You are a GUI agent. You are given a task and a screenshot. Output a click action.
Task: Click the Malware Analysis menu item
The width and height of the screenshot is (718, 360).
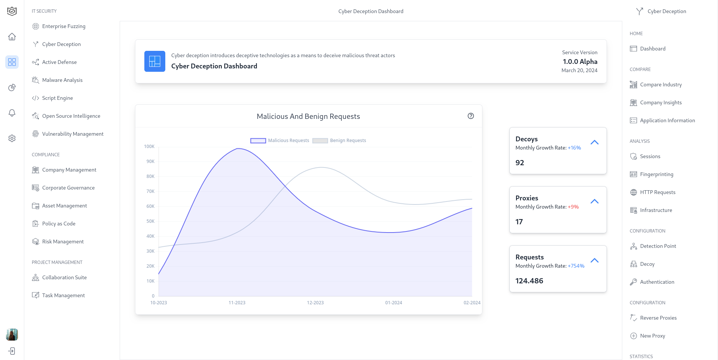(x=62, y=80)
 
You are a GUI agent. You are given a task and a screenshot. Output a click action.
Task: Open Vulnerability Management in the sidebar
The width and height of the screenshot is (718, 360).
(x=73, y=134)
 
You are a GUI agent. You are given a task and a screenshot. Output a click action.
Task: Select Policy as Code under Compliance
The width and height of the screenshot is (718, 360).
(x=59, y=224)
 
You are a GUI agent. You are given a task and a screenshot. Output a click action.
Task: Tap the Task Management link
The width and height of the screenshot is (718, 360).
(x=63, y=295)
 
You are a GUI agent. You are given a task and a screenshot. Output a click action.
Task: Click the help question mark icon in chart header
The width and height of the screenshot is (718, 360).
(x=471, y=116)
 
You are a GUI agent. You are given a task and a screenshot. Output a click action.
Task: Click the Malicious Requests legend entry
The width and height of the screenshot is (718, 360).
(x=280, y=141)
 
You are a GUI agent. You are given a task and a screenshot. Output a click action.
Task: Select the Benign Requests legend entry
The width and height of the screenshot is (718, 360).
(x=339, y=141)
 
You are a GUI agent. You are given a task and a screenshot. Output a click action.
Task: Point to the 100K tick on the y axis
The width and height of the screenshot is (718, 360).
(x=149, y=147)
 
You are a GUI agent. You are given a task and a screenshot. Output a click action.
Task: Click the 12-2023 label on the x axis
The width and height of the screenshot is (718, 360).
(x=315, y=303)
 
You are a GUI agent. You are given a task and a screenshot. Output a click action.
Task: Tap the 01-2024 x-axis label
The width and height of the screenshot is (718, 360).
(x=393, y=303)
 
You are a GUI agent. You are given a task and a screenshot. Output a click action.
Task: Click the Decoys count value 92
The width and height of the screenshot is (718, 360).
(x=520, y=163)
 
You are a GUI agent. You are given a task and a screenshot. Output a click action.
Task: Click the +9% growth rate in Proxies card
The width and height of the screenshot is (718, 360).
(x=573, y=207)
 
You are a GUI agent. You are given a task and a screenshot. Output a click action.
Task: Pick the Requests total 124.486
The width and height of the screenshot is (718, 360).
(x=529, y=281)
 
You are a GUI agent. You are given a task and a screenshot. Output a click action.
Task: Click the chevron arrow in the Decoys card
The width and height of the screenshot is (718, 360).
(x=595, y=142)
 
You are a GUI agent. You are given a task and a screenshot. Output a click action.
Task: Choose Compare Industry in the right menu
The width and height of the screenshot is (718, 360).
(x=660, y=84)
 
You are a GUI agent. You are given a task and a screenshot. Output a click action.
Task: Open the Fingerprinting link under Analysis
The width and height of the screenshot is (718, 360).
(x=656, y=174)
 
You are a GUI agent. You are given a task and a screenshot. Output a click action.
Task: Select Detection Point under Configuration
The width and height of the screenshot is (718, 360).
(x=658, y=246)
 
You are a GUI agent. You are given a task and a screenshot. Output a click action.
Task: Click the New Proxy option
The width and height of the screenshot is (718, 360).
(x=652, y=336)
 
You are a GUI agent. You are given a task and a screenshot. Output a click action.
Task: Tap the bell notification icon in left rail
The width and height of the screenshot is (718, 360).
(x=12, y=113)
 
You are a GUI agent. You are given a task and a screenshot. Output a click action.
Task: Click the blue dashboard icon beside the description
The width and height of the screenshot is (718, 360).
(x=155, y=61)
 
